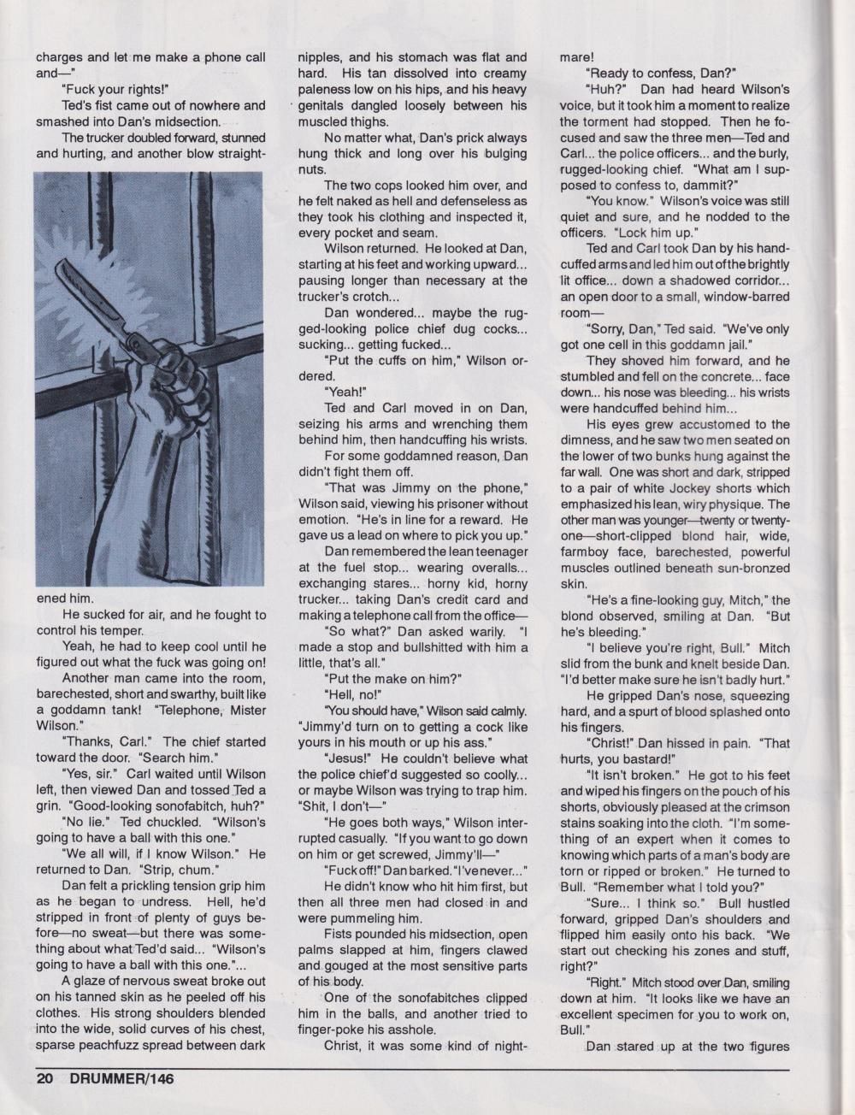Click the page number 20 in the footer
(44, 1079)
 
